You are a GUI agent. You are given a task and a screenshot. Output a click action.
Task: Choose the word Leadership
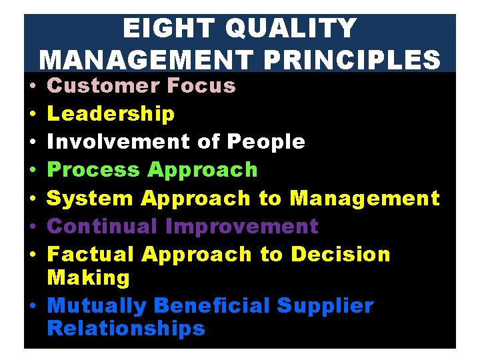[x=111, y=114]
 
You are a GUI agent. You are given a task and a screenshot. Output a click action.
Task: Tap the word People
[x=265, y=142]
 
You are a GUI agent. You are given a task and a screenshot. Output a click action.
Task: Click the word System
[x=90, y=198]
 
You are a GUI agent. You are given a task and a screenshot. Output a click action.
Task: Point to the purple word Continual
[x=103, y=226]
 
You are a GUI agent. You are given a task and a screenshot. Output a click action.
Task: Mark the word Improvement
[x=241, y=226]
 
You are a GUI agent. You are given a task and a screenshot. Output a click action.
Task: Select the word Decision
[x=341, y=254]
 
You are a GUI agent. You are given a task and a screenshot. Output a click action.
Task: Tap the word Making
[x=89, y=277]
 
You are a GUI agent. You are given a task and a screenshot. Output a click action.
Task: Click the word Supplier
[x=325, y=306]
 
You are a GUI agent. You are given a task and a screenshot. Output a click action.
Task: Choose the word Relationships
[x=126, y=329]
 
